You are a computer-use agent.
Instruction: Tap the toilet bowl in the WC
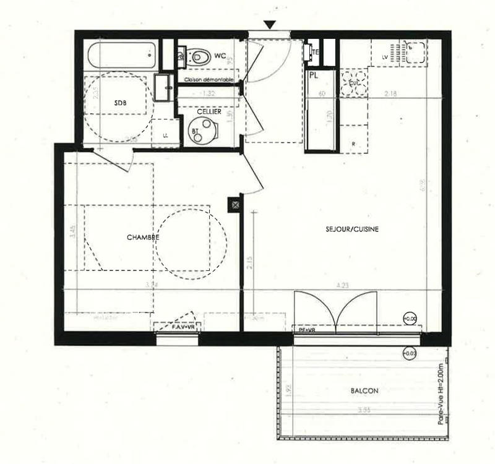pos(199,57)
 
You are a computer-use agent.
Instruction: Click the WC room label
pos(220,56)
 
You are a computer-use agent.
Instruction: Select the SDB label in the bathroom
pos(120,103)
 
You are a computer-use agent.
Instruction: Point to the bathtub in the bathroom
pos(121,56)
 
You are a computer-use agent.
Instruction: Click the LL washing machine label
pos(165,135)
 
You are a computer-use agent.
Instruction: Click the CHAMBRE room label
pos(144,238)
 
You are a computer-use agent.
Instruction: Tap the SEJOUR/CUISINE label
pos(351,229)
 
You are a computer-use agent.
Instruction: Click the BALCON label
pos(364,391)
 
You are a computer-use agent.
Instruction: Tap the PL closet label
pos(314,75)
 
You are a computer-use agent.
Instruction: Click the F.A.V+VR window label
pos(176,326)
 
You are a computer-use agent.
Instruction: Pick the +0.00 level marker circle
pos(410,318)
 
